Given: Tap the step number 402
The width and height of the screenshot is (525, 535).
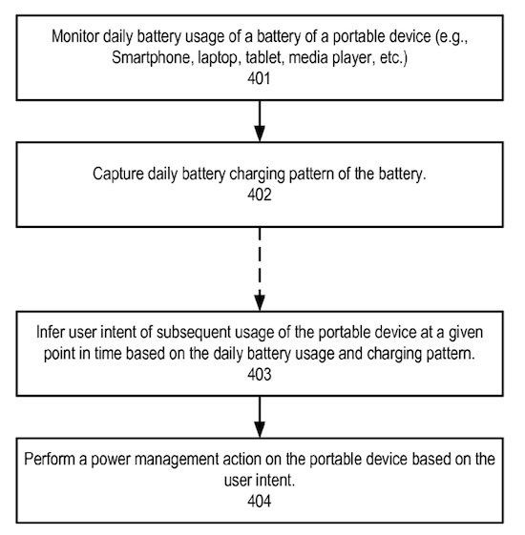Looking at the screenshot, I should click(260, 194).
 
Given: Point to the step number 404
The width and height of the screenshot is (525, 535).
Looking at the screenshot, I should click(260, 499).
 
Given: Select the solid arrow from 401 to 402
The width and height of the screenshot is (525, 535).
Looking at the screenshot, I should click(260, 120).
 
